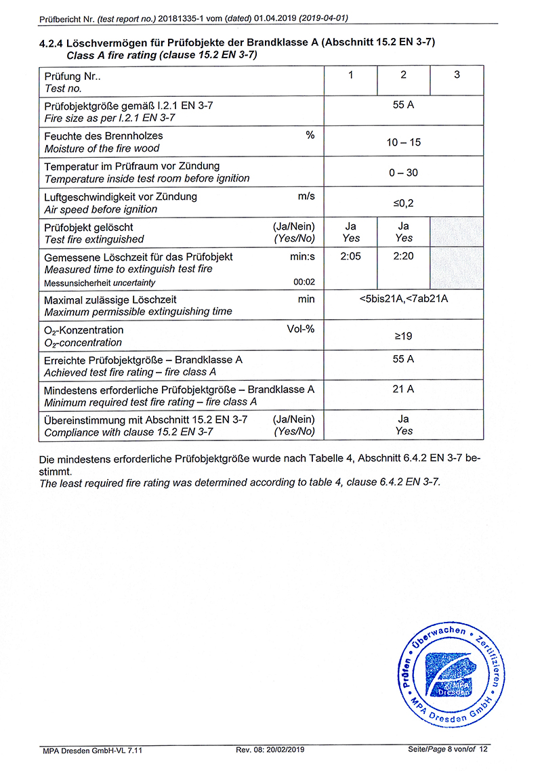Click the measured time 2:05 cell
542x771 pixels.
click(x=351, y=257)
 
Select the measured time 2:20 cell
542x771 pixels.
click(x=404, y=257)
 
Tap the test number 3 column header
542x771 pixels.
click(x=457, y=75)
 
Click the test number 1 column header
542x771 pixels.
click(x=351, y=75)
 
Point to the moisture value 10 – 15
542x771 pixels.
click(x=404, y=142)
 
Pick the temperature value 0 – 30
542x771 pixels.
click(x=404, y=173)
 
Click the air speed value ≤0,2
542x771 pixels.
click(x=404, y=203)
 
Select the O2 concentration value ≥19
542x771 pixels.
click(x=404, y=337)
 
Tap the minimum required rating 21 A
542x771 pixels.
click(x=404, y=389)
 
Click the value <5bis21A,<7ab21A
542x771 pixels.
click(x=404, y=299)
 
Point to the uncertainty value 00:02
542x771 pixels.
click(x=304, y=283)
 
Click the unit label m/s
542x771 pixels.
click(x=306, y=196)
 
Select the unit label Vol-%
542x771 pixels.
click(x=301, y=330)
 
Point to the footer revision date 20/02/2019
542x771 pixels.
click(x=283, y=749)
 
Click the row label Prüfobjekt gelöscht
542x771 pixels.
click(x=89, y=227)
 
